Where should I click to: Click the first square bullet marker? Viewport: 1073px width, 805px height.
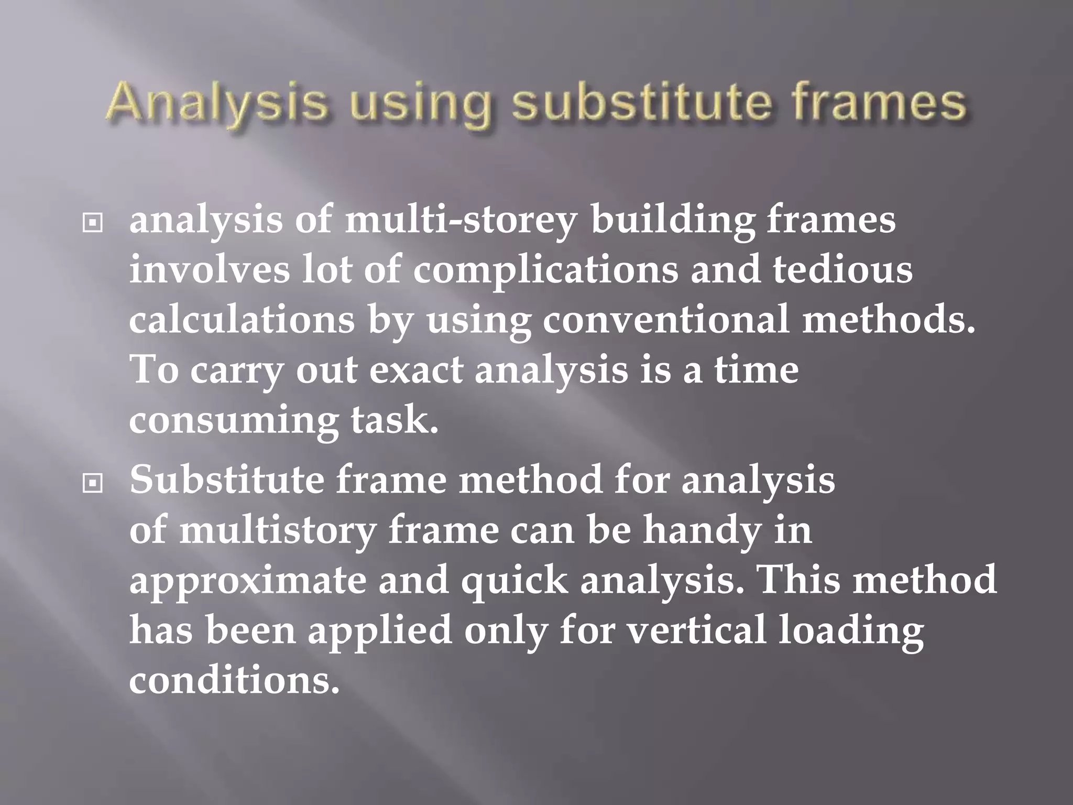tap(93, 224)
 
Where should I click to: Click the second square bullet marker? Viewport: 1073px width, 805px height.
tap(93, 484)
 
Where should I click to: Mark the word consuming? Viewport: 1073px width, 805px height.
tap(233, 420)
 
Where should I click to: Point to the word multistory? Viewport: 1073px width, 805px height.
tap(278, 530)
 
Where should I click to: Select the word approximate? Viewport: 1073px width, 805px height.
tap(247, 581)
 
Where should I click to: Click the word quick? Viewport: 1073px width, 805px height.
tap(514, 581)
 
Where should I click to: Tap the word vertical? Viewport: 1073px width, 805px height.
tap(696, 630)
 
